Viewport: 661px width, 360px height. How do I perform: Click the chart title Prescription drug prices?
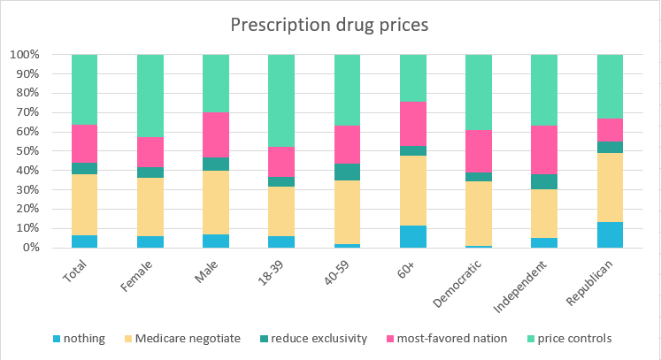tap(329, 25)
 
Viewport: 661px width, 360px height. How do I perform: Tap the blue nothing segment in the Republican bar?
tap(611, 234)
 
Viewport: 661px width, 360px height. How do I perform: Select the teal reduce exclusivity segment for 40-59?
tap(348, 172)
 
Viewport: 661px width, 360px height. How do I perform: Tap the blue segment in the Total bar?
tap(85, 241)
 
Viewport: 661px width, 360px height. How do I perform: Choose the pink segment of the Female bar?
tap(150, 152)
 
